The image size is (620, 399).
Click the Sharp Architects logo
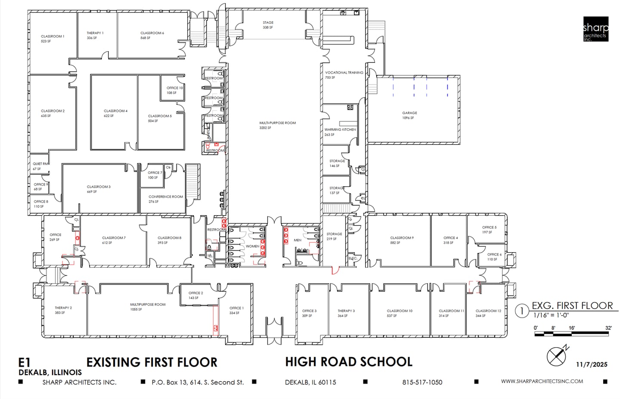click(595, 29)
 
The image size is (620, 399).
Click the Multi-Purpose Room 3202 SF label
click(277, 125)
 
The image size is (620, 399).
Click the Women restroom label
click(252, 246)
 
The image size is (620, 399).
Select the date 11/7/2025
click(592, 365)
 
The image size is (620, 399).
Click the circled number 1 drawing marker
click(522, 311)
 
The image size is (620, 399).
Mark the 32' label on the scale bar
click(608, 328)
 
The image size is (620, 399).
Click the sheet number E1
click(25, 362)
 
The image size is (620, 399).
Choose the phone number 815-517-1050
click(422, 382)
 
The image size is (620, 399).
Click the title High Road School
click(348, 362)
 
